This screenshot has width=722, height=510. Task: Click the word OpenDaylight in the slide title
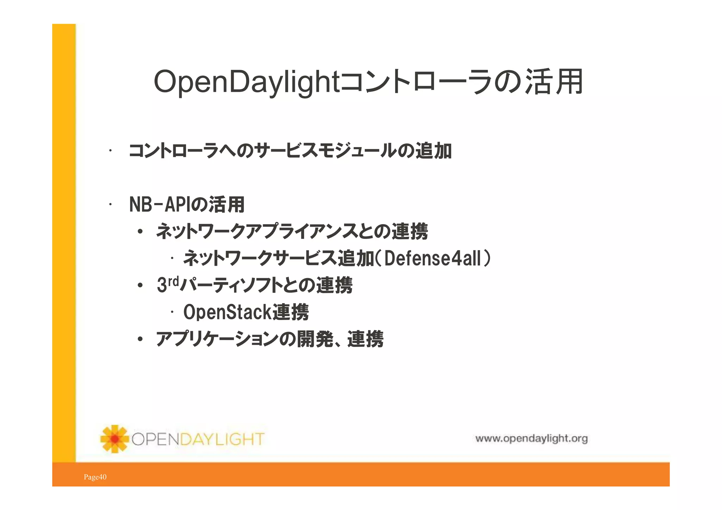pos(247,82)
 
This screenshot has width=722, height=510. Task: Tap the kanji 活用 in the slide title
pos(554,82)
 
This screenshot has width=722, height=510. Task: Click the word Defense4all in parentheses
pos(433,259)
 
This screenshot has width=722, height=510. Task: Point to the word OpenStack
pos(227,312)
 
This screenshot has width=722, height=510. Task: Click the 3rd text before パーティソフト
pos(168,284)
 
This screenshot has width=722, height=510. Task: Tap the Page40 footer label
pos(95,477)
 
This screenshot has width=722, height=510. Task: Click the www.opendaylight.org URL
pos(531,439)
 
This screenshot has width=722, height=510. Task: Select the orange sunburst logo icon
pos(114,439)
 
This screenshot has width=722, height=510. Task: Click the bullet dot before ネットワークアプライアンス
pos(140,232)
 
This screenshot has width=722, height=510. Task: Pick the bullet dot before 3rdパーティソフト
pos(140,285)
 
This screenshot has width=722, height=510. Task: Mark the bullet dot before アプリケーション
pos(140,339)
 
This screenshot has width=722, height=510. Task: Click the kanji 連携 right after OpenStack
pos(290,312)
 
